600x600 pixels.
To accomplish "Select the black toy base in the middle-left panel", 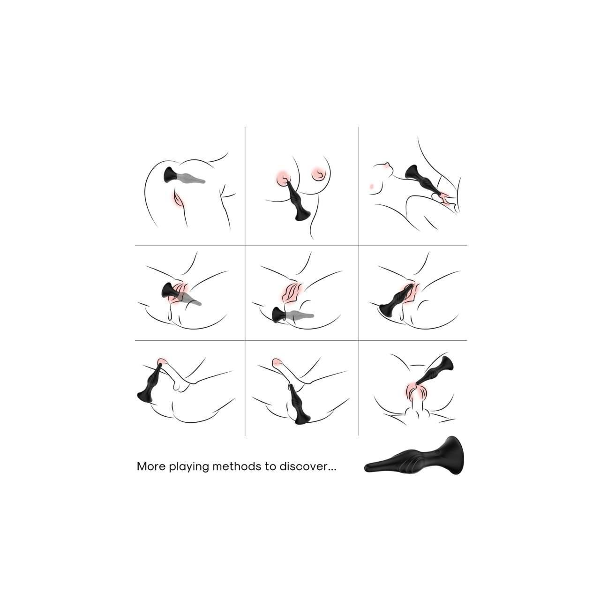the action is coord(169,291).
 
